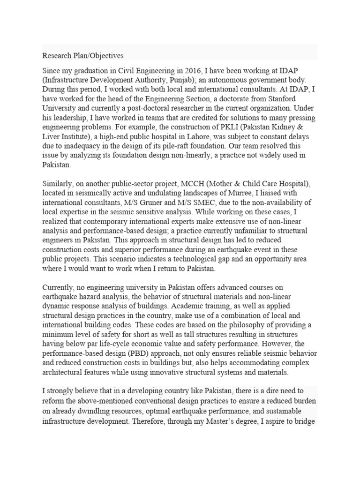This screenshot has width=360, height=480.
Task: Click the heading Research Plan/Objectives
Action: coord(83,55)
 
